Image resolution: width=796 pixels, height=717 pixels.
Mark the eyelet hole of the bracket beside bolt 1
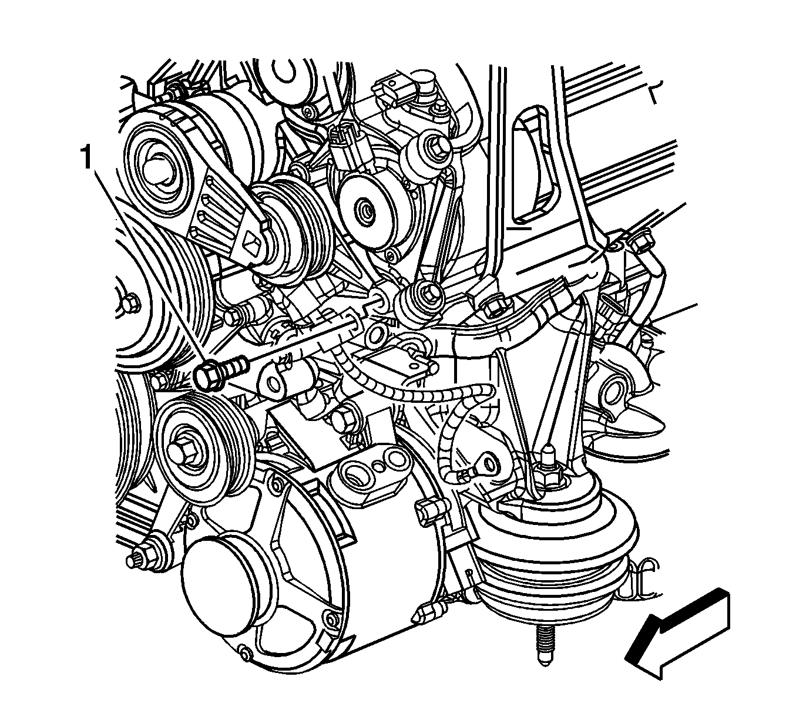point(273,383)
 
